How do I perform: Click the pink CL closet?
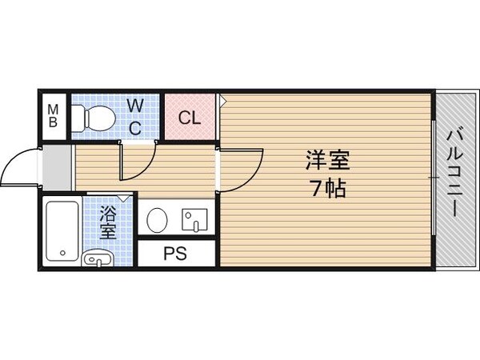pos(190,118)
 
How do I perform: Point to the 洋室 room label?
pos(327,160)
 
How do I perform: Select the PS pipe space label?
pos(175,254)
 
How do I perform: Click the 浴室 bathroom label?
pos(108,223)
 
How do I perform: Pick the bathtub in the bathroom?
pos(62,230)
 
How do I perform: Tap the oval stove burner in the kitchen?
pos(157,218)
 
